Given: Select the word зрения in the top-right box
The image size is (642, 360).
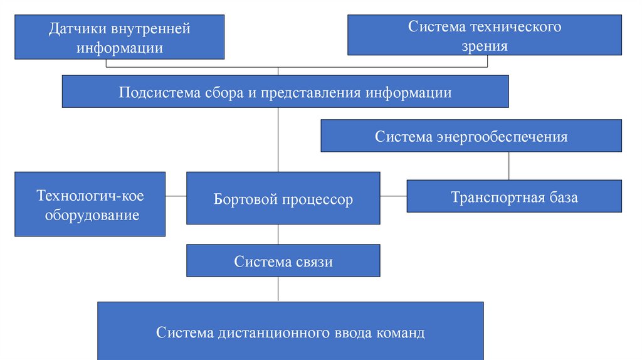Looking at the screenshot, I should tap(484, 45).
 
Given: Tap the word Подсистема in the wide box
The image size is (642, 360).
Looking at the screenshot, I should tap(159, 93).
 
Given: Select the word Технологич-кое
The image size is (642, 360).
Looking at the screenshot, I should tap(90, 196).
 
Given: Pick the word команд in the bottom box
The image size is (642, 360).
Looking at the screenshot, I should tap(400, 332).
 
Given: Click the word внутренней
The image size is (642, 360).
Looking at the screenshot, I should tap(150, 29).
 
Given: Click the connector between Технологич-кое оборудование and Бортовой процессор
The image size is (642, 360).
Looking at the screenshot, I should tap(176, 196).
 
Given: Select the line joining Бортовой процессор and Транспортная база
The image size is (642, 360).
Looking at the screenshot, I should tap(393, 196).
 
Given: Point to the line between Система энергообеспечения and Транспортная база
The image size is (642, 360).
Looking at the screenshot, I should tap(508, 166).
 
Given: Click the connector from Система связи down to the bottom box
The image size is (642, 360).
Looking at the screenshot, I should tap(278, 289).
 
